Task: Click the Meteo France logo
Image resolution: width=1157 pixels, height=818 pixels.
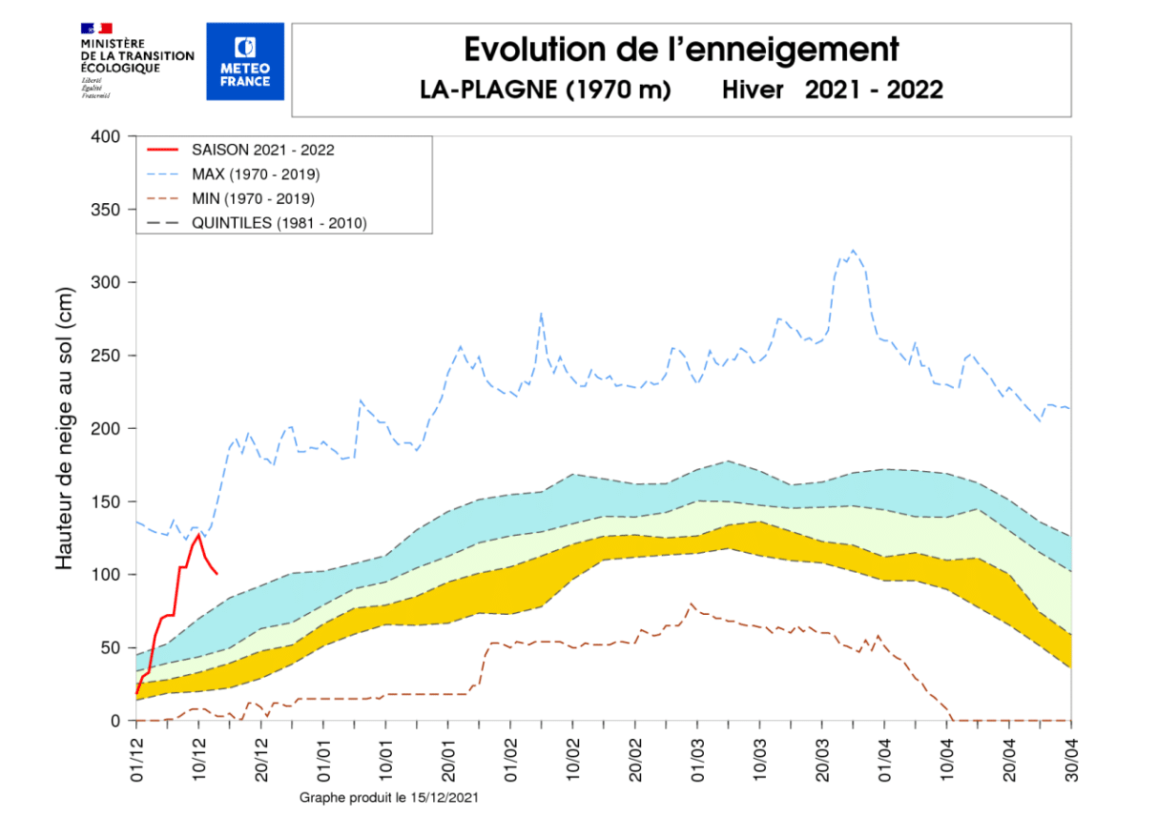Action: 245,61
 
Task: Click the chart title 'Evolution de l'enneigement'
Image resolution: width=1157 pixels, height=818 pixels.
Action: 681,49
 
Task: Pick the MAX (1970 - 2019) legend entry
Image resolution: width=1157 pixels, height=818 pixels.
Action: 255,174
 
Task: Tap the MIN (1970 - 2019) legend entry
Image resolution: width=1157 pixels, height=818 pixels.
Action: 253,198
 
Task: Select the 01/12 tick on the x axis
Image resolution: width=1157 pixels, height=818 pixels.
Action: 136,753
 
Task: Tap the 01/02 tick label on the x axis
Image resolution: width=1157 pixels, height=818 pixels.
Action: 510,753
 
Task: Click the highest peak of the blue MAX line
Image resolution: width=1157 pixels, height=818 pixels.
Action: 853,251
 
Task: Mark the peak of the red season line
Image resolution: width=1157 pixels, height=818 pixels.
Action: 198,535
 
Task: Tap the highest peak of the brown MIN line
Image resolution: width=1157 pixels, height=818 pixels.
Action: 692,603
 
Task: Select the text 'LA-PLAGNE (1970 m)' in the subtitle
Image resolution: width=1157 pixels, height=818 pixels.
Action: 546,90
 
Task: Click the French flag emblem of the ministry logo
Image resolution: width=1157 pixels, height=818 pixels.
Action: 96,29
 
